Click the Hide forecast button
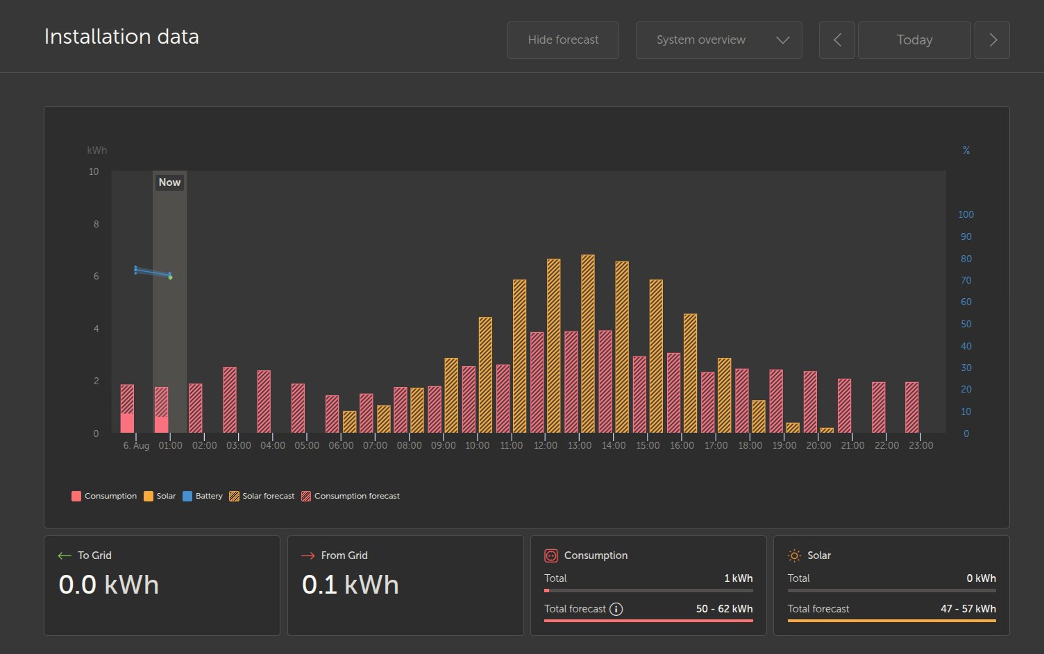(563, 40)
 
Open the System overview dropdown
(718, 40)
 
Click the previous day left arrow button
(837, 40)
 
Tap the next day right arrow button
(993, 40)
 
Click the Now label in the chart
(169, 182)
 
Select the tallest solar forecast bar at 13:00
(588, 343)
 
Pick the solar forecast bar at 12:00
(554, 345)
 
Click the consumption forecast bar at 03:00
(230, 400)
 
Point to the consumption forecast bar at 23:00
(912, 408)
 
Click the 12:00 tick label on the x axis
(546, 445)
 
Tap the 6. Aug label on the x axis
(136, 445)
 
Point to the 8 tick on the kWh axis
(96, 224)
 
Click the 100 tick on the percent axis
(966, 214)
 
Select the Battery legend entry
(203, 496)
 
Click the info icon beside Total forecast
(616, 609)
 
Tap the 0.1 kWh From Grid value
(351, 585)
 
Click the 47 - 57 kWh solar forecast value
(968, 609)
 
